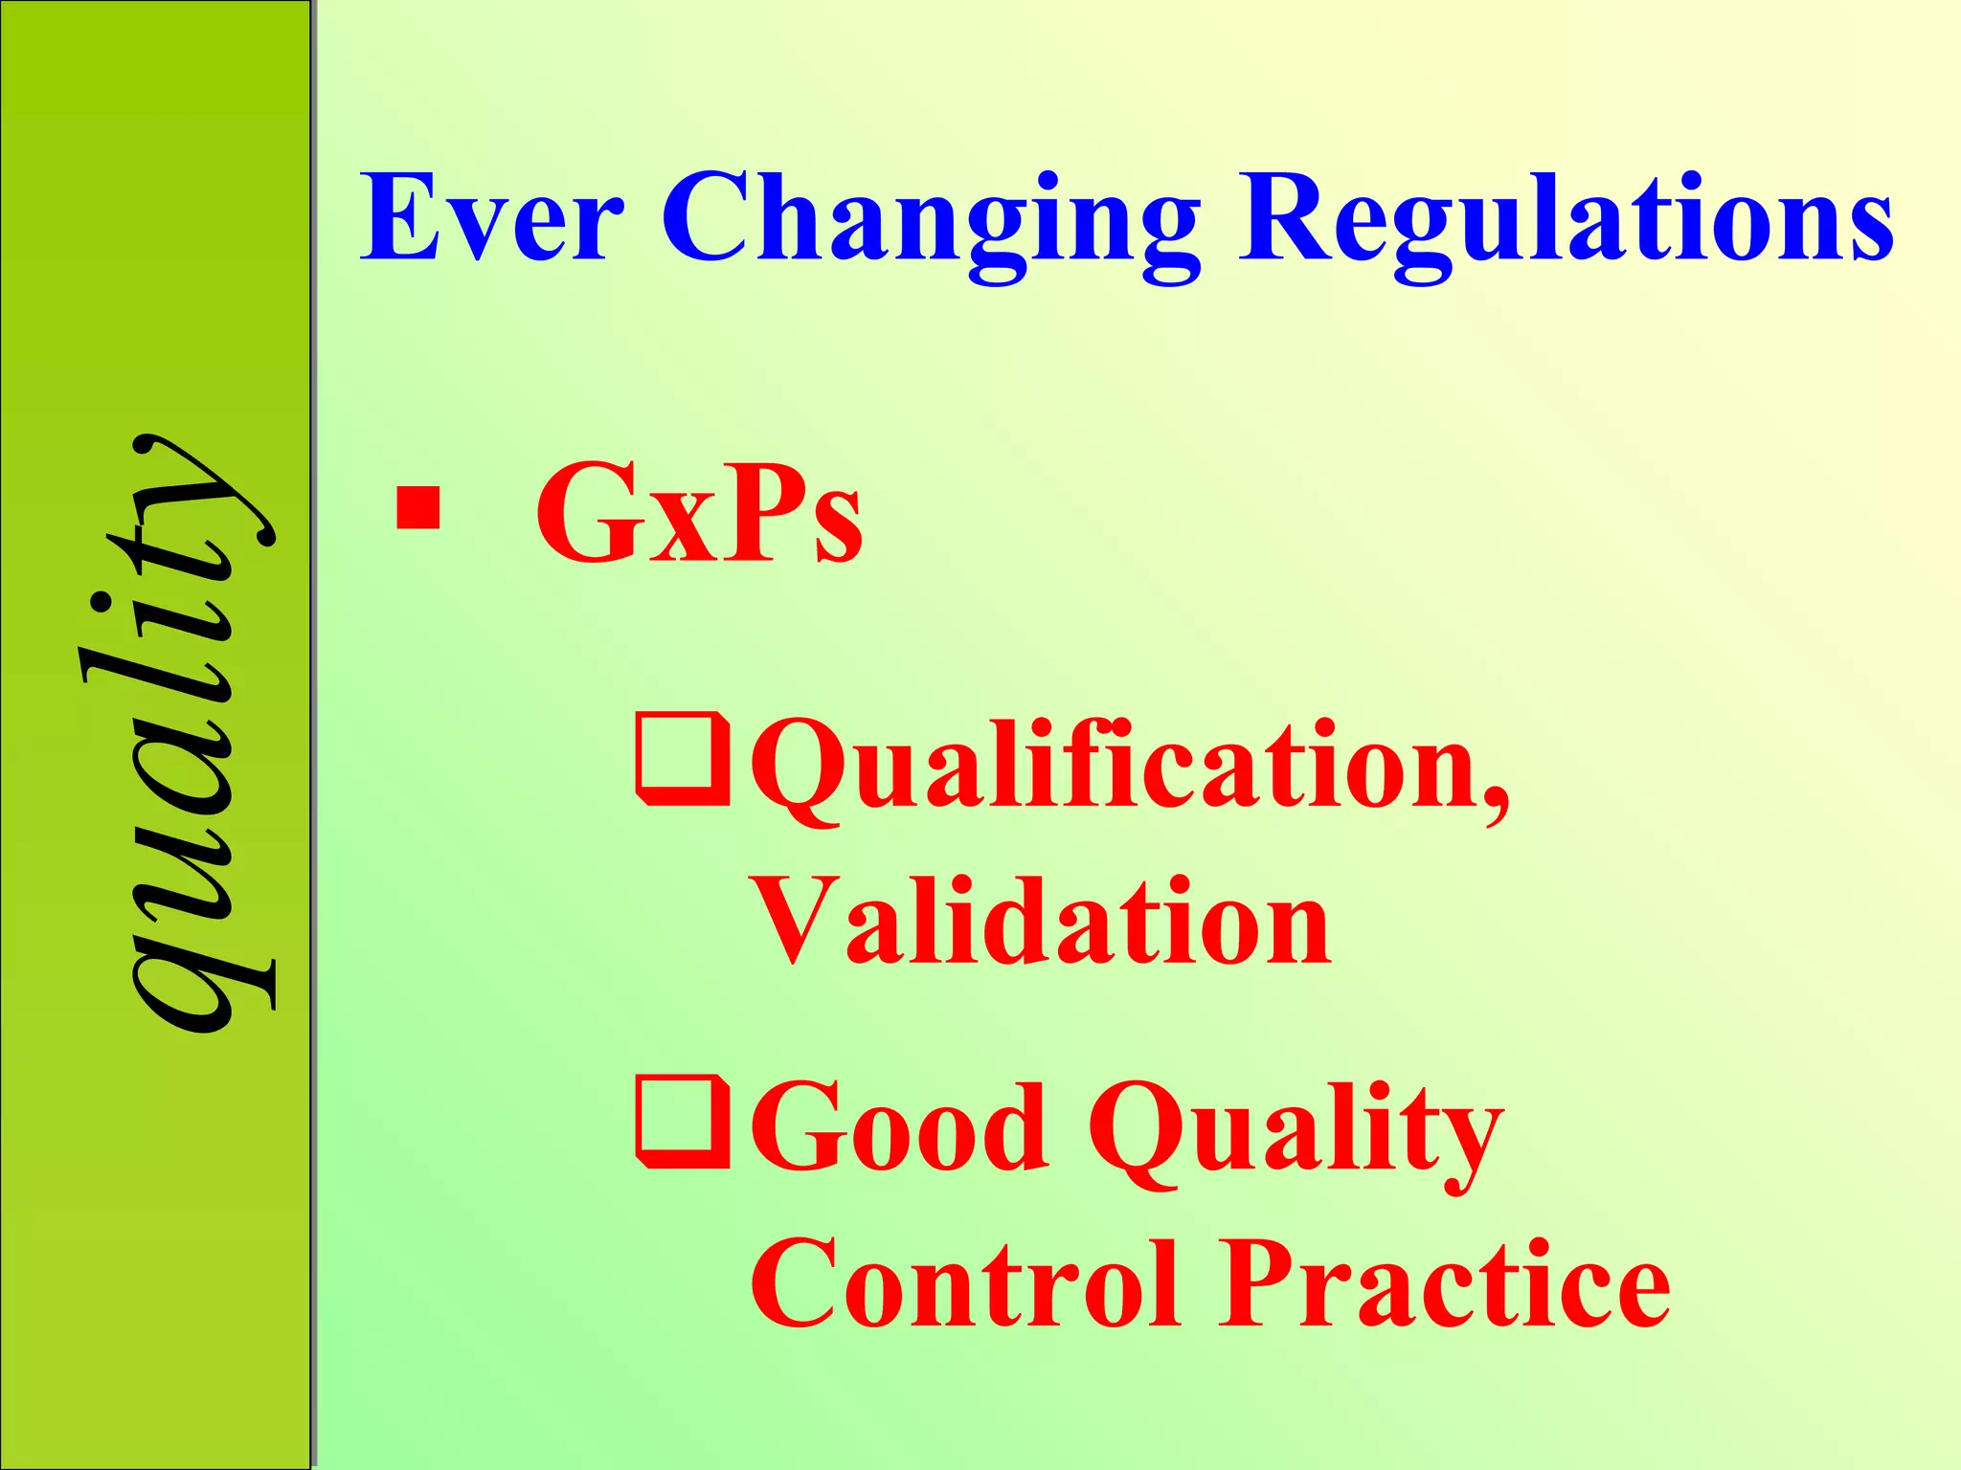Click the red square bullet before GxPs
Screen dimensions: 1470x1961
[418, 508]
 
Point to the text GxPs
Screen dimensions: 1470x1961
[699, 513]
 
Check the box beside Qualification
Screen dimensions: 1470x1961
[683, 758]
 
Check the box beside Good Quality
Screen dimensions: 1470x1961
[683, 1122]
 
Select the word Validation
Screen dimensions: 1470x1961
[1041, 921]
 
